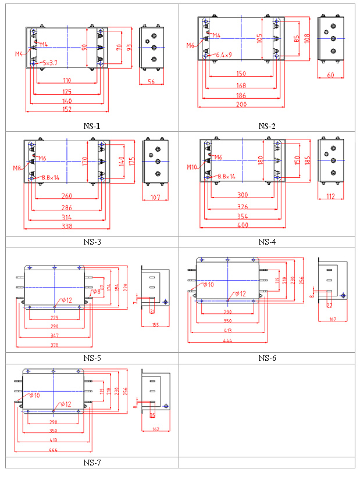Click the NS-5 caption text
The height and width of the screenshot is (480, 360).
(92, 357)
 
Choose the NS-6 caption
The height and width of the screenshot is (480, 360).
(267, 357)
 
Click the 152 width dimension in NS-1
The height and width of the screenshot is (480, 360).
(67, 109)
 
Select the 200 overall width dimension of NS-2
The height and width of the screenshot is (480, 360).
(241, 104)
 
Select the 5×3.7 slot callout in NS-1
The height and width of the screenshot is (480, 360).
(49, 62)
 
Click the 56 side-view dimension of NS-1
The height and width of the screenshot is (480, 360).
(151, 83)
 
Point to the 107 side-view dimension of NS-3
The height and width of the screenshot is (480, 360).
(155, 198)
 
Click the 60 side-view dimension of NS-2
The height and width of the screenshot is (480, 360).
(330, 75)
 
